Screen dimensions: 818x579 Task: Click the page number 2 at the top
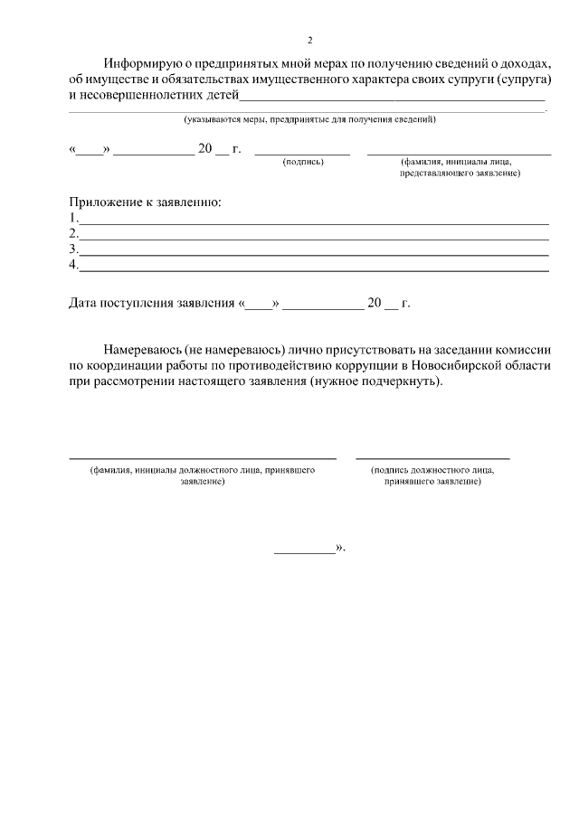(x=309, y=41)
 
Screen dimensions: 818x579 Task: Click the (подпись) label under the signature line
(x=303, y=162)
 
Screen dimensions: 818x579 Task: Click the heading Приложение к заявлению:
(x=145, y=202)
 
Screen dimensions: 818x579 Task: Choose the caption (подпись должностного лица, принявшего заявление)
(x=432, y=476)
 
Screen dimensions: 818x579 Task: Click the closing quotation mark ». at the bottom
(x=340, y=547)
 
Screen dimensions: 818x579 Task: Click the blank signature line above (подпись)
(x=302, y=153)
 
